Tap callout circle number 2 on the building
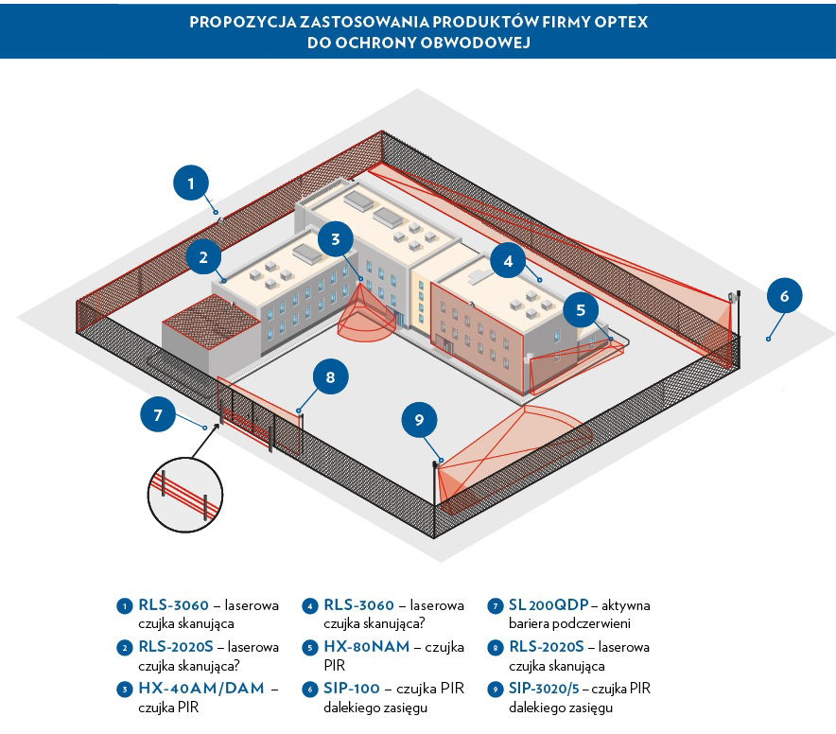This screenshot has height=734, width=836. (204, 255)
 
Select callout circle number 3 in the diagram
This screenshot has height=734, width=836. (336, 239)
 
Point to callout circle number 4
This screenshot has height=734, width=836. (508, 261)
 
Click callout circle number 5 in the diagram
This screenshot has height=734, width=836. (581, 309)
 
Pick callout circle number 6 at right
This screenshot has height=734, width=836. (784, 296)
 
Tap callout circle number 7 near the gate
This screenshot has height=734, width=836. (158, 414)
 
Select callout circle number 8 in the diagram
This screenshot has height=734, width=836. (330, 378)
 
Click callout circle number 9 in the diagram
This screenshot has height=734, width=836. (419, 419)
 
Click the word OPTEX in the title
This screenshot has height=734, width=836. (618, 21)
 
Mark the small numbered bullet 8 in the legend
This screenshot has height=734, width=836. (495, 648)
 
